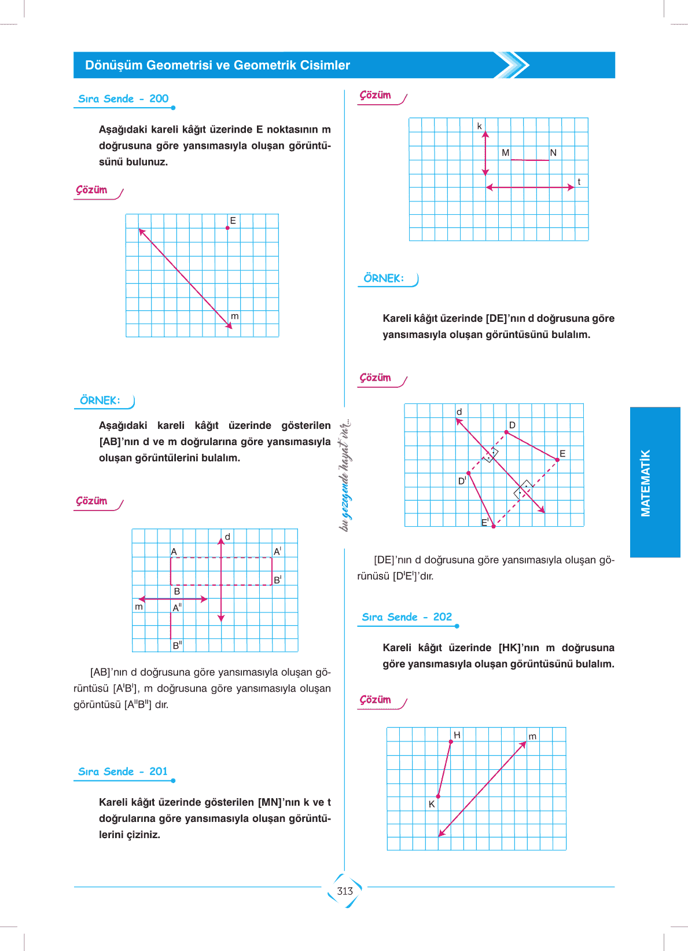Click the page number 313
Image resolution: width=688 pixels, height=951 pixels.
point(345,891)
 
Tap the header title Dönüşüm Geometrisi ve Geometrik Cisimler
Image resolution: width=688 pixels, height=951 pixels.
point(217,65)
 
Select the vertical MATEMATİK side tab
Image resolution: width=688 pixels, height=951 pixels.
point(646,482)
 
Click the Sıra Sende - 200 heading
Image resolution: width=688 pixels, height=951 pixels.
point(123,99)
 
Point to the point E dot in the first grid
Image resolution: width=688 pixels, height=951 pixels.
point(227,228)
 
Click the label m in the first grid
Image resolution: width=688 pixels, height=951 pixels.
point(234,317)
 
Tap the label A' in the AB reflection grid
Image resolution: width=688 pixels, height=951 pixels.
point(277,552)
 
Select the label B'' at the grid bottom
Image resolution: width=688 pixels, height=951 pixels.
point(176,645)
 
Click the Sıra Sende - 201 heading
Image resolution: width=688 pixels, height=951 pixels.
point(123,772)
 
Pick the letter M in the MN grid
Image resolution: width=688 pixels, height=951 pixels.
point(506,153)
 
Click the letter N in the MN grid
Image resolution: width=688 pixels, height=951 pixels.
point(553,153)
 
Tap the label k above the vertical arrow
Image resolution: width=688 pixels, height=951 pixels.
point(479,126)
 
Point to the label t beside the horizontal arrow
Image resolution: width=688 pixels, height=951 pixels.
point(579,182)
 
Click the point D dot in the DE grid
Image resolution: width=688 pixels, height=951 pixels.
point(506,432)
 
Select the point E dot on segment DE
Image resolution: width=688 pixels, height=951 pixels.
point(557,460)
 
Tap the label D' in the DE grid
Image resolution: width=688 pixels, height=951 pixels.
point(462,480)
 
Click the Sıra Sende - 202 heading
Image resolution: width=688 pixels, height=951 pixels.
point(407,617)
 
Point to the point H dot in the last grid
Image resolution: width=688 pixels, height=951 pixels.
point(451,741)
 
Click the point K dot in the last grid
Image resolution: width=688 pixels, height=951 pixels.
point(438,796)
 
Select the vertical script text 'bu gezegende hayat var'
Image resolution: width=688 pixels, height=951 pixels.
point(345,475)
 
